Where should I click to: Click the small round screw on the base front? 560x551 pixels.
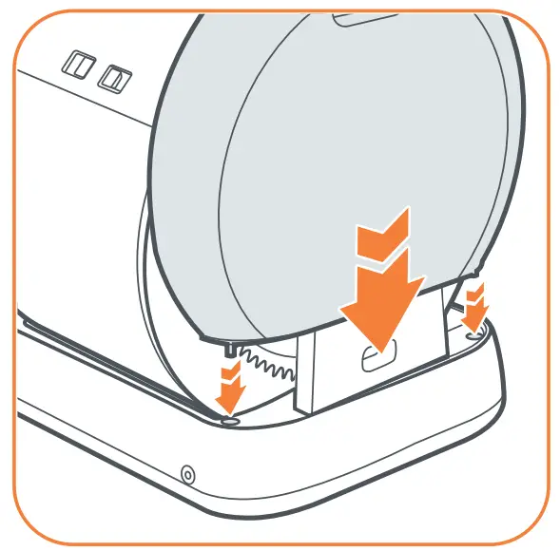tap(187, 472)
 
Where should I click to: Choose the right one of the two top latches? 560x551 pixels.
tap(116, 75)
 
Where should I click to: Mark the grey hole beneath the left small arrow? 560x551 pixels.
tap(229, 418)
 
